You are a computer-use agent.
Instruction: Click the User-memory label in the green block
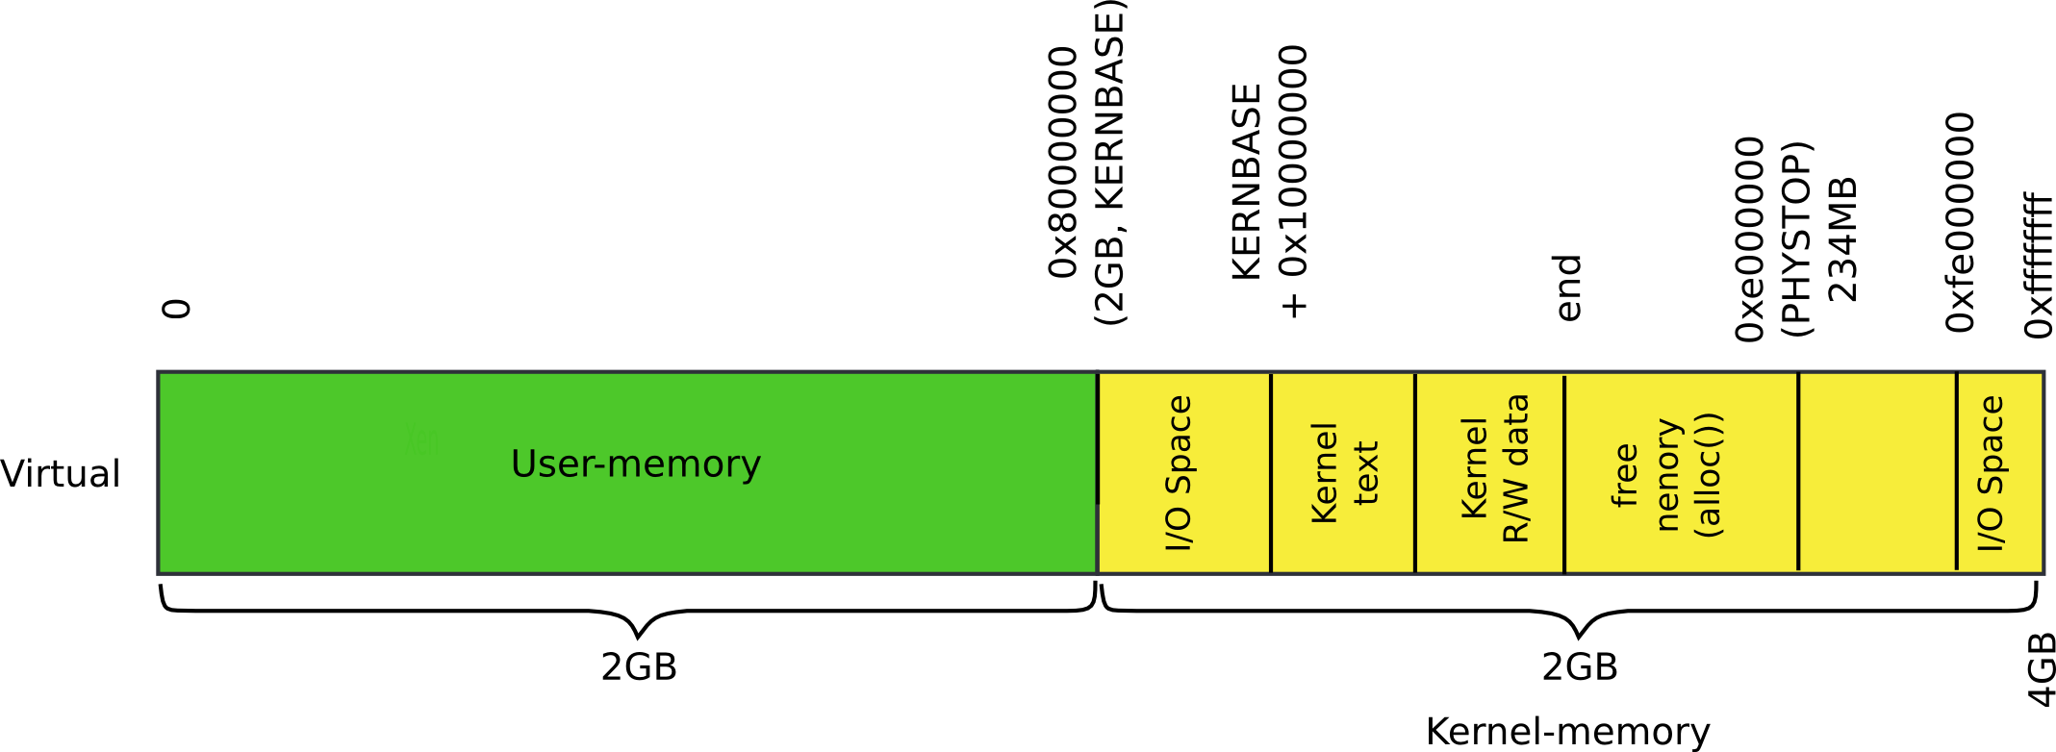635,464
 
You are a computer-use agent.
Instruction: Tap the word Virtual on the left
61,473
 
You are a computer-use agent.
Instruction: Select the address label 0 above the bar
178,308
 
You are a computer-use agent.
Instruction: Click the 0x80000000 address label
1063,162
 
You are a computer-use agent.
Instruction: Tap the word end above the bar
1568,287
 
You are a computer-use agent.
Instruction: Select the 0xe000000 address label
1750,238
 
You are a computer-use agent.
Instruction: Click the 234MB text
1842,238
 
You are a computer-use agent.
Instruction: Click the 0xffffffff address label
2039,264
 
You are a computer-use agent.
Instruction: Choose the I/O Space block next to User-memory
1182,472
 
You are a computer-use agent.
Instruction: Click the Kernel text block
1343,472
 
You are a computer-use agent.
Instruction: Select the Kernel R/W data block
1490,472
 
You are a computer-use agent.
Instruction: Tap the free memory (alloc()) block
1680,472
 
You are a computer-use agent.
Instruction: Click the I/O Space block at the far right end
1999,472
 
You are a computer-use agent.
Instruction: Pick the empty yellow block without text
1876,472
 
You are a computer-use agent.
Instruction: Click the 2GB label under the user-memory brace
639,666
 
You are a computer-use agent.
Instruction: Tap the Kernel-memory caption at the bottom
1567,731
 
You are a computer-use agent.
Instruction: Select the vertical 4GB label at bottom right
2041,669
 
